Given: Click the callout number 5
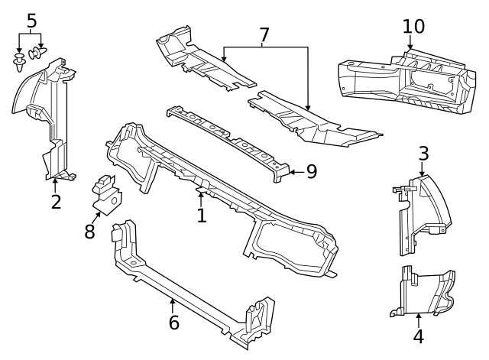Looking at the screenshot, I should point(31,21).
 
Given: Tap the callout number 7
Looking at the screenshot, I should point(264,35).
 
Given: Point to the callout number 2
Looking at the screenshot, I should point(56,202).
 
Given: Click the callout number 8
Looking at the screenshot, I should point(90,232).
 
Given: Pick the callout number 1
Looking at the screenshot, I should point(201,216).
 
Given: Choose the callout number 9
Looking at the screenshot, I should point(311,171).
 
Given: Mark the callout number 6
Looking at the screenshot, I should point(173,323).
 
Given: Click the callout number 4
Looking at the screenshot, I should point(418,336).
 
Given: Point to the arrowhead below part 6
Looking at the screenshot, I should point(173,303).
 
